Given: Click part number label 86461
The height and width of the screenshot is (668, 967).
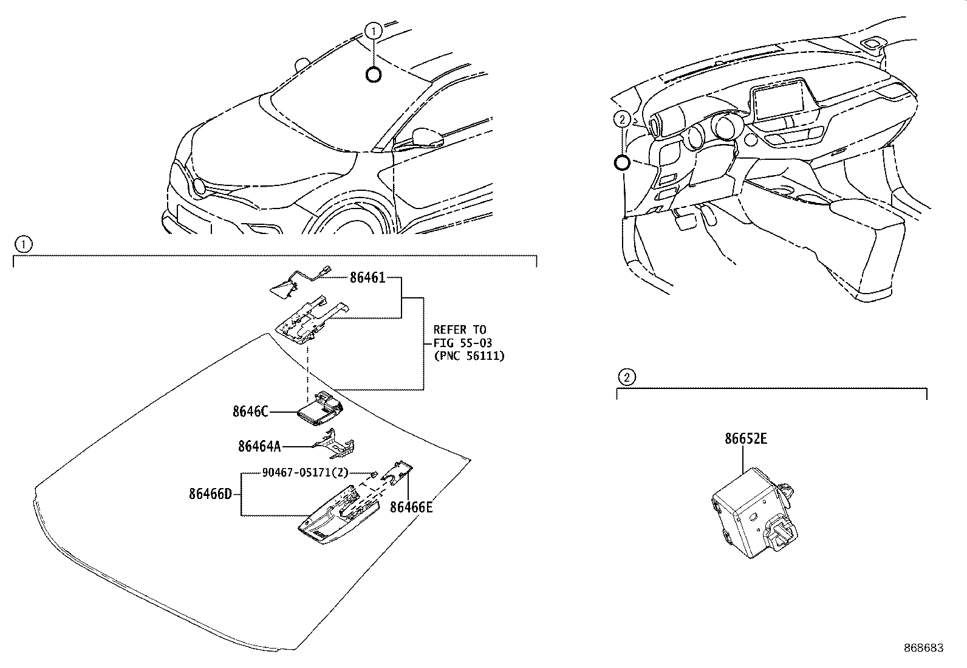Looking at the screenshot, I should point(367,278).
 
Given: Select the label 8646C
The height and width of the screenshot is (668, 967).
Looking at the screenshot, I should point(250,411).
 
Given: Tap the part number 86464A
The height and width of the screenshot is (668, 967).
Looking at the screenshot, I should point(259,446).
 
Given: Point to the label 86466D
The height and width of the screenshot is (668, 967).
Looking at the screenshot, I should point(210,494).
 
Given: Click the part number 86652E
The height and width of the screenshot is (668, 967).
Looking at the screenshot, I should point(745,438).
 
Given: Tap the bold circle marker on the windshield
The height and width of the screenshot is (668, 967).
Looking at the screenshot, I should point(374,74).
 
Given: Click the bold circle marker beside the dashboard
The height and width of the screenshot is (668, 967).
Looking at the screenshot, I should point(622,162).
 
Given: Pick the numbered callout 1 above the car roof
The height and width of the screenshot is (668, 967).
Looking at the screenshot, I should point(374,30).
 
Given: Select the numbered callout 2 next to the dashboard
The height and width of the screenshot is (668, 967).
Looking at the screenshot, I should point(621,119).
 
